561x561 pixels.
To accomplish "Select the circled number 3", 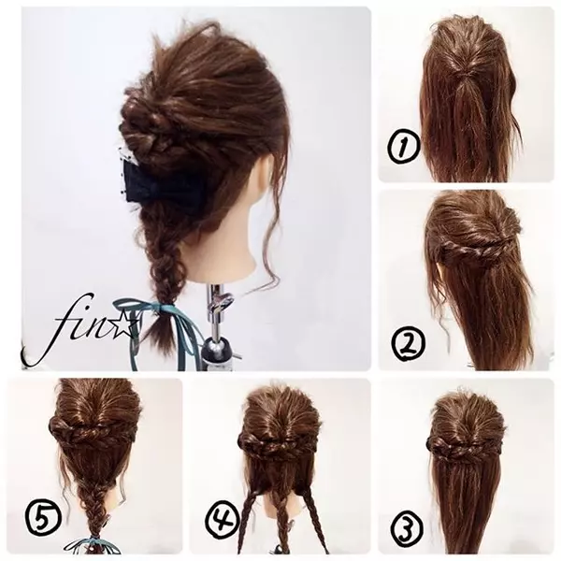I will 405,528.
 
